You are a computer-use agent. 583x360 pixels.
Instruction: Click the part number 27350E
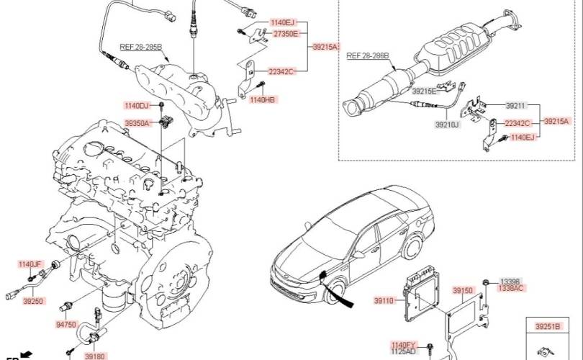pos(286,34)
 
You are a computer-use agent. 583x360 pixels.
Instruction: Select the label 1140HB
pos(263,99)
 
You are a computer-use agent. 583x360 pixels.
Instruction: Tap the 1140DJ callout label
pos(136,106)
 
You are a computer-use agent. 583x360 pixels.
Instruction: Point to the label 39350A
pos(137,122)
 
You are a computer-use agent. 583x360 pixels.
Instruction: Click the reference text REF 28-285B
pos(141,48)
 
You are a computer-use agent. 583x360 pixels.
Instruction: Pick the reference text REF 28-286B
pos(368,55)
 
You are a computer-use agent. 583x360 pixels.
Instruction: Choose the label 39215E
pos(423,91)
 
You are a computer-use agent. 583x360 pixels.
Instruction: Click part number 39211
pos(515,106)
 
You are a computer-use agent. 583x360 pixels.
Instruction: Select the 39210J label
pos(447,125)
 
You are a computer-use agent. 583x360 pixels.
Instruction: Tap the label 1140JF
pos(30,264)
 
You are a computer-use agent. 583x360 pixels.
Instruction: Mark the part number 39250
pos(33,301)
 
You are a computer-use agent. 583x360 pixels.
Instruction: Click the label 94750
pos(66,325)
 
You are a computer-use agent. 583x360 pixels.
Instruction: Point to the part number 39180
pos(95,356)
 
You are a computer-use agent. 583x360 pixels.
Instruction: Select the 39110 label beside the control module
pos(384,300)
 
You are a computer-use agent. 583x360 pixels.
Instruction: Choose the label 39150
pos(463,290)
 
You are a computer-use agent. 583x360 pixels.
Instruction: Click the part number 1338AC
pos(511,288)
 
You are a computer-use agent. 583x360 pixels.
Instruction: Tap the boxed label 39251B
pos(547,327)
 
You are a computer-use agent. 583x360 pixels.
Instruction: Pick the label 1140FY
pos(405,345)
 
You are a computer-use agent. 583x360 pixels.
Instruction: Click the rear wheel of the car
pos(413,246)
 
